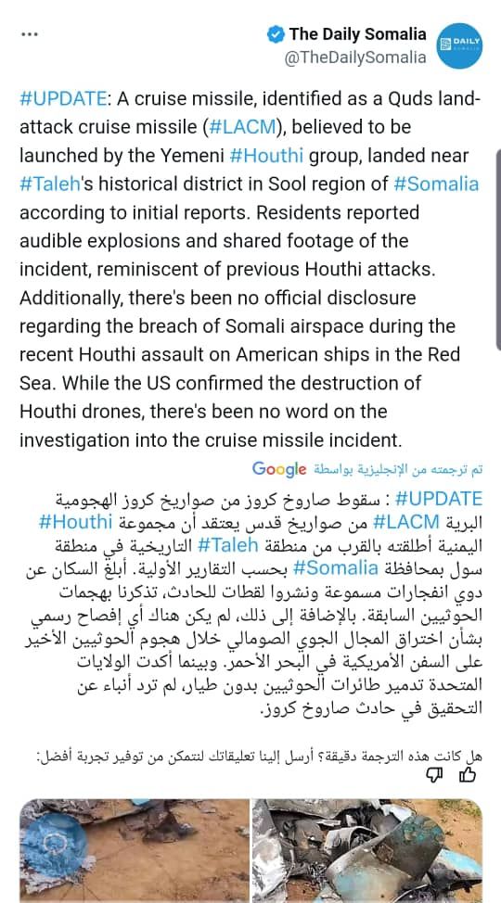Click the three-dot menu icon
pyautogui.click(x=28, y=35)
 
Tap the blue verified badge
pyautogui.click(x=276, y=35)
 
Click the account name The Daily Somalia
pyautogui.click(x=357, y=34)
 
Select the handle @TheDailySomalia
pyautogui.click(x=355, y=57)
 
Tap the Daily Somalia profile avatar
pyautogui.click(x=458, y=45)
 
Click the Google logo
pyautogui.click(x=279, y=467)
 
